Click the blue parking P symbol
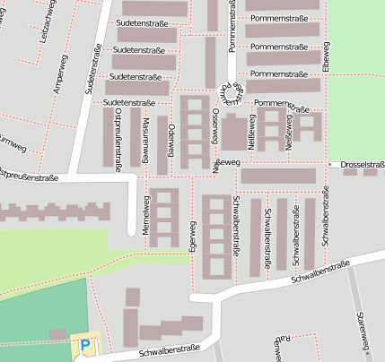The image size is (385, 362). [85, 345]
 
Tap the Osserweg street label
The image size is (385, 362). [214, 126]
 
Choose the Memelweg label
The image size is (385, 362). [145, 214]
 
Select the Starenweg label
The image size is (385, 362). [363, 331]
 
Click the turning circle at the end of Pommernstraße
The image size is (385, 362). [233, 93]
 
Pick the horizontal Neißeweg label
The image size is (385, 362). [226, 163]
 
